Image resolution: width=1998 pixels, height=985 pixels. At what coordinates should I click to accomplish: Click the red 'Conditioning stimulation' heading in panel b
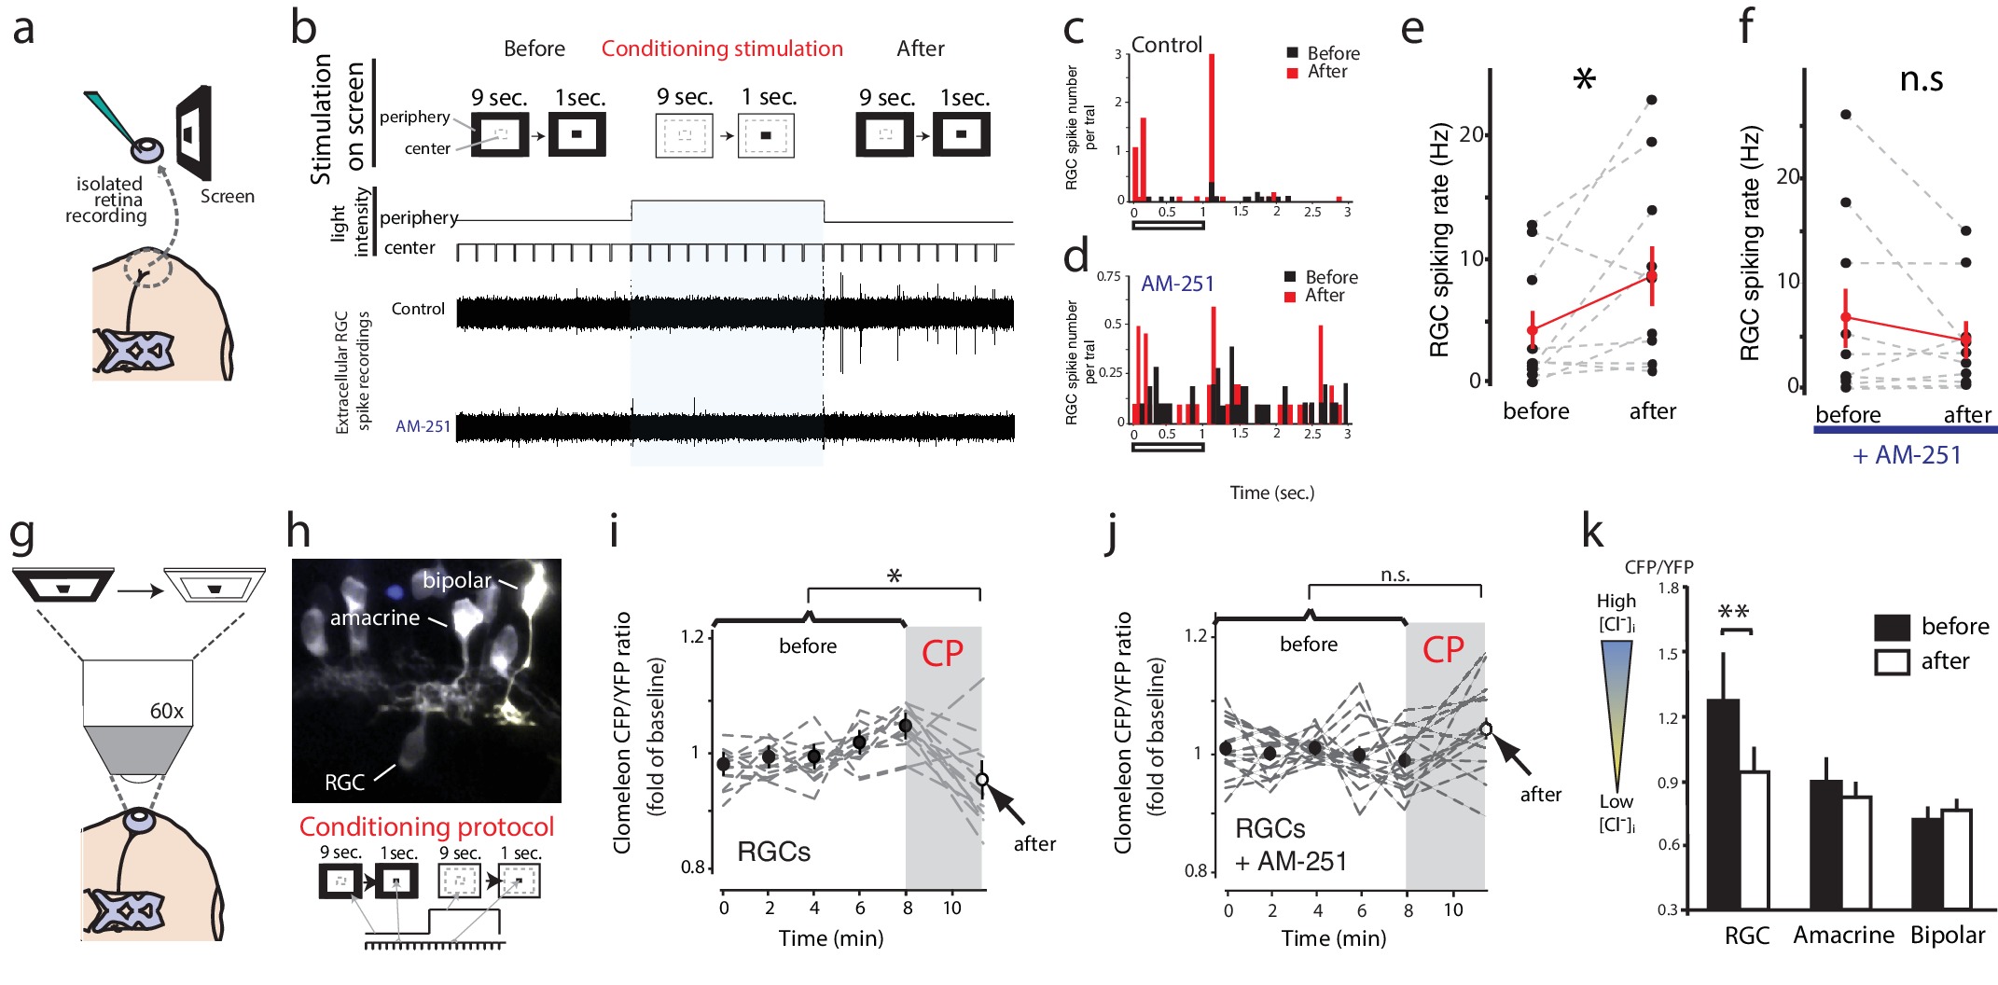tap(722, 49)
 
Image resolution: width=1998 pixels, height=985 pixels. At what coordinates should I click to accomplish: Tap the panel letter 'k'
tap(1592, 531)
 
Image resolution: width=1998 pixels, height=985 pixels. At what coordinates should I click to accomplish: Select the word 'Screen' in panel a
tap(227, 196)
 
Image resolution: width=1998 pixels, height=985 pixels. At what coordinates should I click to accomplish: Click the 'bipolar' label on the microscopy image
tap(456, 580)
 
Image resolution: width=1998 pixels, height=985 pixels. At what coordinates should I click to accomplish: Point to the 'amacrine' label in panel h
tap(374, 617)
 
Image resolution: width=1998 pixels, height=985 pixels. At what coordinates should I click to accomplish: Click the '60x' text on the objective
tap(166, 711)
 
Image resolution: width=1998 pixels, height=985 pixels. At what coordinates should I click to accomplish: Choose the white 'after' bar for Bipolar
tap(1956, 859)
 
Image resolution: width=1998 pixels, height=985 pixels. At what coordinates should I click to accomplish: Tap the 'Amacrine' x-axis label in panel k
tap(1843, 935)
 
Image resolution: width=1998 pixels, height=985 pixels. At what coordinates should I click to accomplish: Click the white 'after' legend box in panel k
tap(1892, 661)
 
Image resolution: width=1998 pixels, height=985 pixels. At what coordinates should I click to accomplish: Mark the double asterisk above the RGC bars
tap(1734, 613)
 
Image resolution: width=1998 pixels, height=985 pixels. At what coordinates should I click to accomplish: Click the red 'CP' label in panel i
tap(942, 653)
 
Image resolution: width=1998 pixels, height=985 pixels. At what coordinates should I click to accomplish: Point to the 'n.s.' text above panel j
tap(1394, 575)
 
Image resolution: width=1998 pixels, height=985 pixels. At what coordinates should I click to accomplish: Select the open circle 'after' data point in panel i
tap(981, 780)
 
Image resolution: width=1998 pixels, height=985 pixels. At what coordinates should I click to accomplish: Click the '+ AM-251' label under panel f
tap(1907, 455)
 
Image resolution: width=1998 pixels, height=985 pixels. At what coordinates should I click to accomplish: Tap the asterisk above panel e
tap(1584, 79)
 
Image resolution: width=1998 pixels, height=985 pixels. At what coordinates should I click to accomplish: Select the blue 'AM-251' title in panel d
tap(1177, 284)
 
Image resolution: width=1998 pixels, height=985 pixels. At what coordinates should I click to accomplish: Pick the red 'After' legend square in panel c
tap(1293, 73)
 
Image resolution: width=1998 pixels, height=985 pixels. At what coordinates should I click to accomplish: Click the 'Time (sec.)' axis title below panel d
tap(1271, 492)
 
